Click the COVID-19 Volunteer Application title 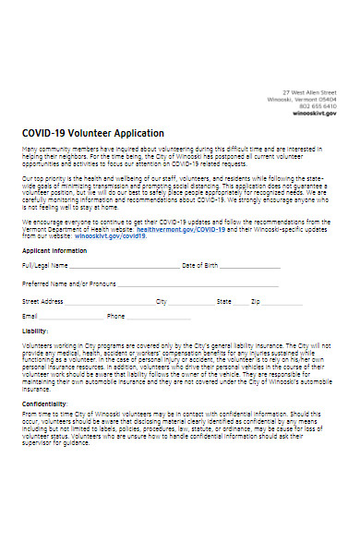(92, 133)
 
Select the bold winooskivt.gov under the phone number (315, 112)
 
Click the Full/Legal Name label (42, 265)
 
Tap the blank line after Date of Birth (249, 266)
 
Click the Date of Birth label (200, 265)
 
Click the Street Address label (42, 301)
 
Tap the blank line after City (189, 302)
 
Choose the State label (224, 301)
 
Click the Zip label (256, 301)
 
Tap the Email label (29, 316)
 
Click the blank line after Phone (159, 317)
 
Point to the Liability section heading (35, 331)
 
